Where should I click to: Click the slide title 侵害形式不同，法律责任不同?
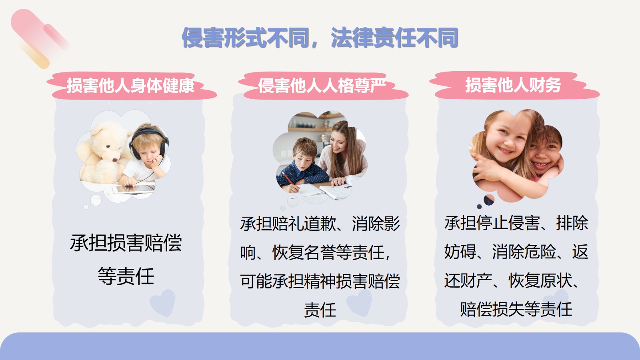(320, 38)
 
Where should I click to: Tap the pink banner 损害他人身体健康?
(132, 86)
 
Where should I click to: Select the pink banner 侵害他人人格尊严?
(323, 86)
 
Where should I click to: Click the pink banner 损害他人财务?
(514, 86)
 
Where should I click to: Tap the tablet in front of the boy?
(134, 189)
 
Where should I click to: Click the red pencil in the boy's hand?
(288, 178)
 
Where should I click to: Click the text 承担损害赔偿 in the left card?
(126, 243)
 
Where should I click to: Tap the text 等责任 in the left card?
(126, 276)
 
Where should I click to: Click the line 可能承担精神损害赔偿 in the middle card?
(320, 281)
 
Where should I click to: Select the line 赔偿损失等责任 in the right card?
(516, 309)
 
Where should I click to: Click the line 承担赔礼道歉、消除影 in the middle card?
(320, 224)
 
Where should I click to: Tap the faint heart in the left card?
(162, 303)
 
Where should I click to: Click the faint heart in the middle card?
(359, 303)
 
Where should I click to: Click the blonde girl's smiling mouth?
(505, 150)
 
